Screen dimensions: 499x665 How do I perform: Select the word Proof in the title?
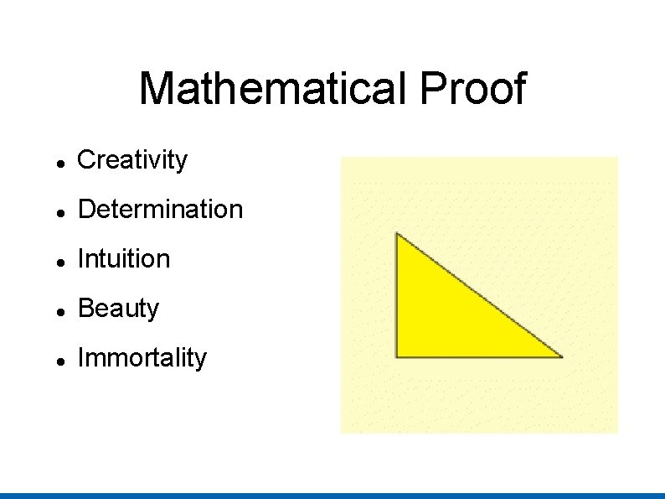point(473,89)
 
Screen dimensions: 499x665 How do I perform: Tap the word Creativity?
point(132,159)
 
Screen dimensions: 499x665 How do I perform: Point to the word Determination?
point(160,209)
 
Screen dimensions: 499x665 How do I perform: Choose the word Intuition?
point(123,259)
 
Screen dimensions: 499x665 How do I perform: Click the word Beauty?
point(118,309)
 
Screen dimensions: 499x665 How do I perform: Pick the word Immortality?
point(142,358)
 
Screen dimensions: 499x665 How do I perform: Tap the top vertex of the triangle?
point(397,234)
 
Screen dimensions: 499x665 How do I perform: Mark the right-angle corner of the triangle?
point(397,356)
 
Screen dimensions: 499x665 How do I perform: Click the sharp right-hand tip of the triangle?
point(560,356)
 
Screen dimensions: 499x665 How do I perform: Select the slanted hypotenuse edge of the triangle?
point(479,295)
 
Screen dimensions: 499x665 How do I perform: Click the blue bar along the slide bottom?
point(332,496)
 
